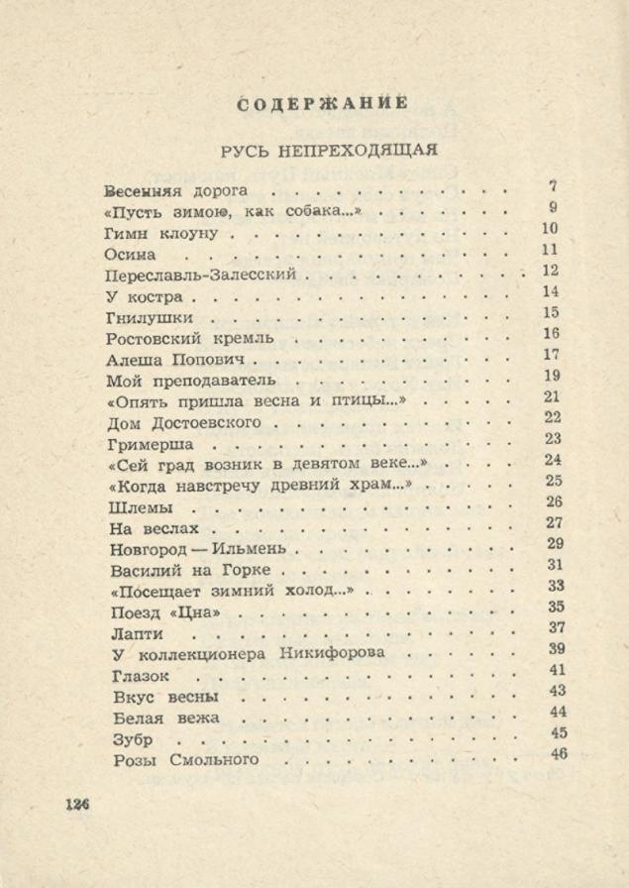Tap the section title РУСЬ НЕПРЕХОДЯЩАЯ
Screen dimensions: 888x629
330,150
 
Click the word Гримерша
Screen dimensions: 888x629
149,444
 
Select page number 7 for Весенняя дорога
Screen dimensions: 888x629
553,185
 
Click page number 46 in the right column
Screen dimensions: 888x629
559,755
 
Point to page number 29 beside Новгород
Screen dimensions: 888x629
555,544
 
